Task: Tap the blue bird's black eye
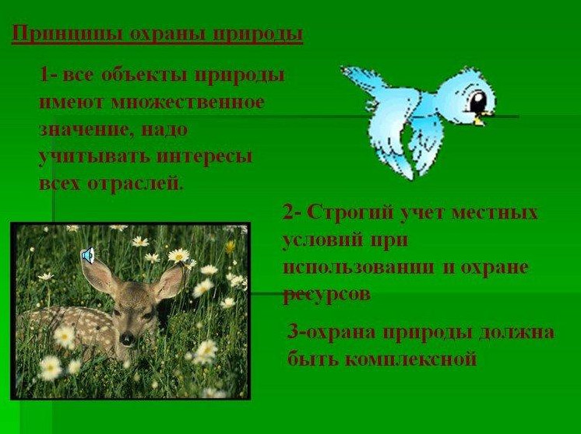pyautogui.click(x=478, y=100)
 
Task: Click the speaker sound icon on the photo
pyautogui.click(x=88, y=255)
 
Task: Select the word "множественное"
pyautogui.click(x=188, y=103)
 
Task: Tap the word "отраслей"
pyautogui.click(x=136, y=184)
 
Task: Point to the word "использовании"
pyautogui.click(x=358, y=268)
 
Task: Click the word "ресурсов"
pyautogui.click(x=327, y=295)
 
